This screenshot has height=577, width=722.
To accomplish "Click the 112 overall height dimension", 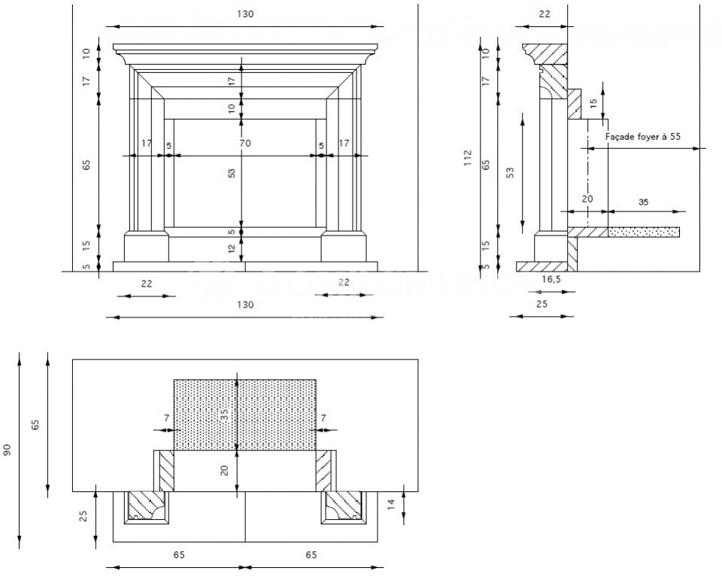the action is click(x=469, y=158).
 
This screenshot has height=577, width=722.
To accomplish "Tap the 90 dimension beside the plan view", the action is click(x=7, y=451).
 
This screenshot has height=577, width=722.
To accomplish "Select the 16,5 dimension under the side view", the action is click(x=551, y=279).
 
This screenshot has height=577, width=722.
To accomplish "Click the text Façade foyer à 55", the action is click(x=643, y=136).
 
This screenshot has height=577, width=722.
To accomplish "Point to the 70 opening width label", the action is click(x=245, y=143).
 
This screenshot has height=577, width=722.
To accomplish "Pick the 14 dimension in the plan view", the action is click(x=391, y=504).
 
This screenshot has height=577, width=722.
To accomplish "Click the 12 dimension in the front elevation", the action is click(x=232, y=248).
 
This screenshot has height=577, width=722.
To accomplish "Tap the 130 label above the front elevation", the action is click(x=245, y=14).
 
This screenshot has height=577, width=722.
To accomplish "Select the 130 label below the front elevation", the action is click(x=245, y=305).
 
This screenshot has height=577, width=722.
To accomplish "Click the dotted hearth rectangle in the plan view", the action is click(x=245, y=415).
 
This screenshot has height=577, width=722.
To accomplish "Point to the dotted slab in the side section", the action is click(x=644, y=232).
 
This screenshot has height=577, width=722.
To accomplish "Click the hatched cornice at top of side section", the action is click(x=547, y=53).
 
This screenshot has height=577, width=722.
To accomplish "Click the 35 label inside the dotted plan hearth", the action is click(x=225, y=416).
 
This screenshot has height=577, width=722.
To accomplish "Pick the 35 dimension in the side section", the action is click(x=643, y=202).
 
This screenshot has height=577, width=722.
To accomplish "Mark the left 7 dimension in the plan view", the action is click(x=167, y=418).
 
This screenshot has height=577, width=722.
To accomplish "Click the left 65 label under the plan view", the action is click(x=179, y=555).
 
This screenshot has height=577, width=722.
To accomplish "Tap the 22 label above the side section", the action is click(x=545, y=14).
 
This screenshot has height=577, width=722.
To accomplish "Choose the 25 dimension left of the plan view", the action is click(x=83, y=516).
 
